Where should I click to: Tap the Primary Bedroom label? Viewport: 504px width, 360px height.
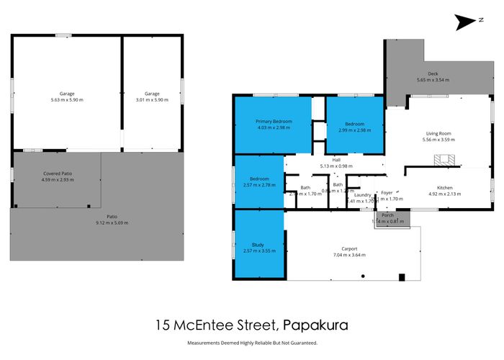coord(272,122)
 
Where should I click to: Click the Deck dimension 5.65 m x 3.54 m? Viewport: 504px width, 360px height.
coord(433,79)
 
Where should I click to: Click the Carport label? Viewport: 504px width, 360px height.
coord(350,248)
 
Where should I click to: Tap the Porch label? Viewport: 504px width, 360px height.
coord(387,215)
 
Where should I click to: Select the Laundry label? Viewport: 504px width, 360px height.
coord(362,194)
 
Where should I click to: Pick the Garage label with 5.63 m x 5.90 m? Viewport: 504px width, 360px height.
coord(67,94)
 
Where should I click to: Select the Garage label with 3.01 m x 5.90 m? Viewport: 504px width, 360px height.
coord(151,94)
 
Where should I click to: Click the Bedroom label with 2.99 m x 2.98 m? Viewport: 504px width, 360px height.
coord(354,123)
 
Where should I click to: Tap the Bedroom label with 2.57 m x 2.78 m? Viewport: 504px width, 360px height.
coord(259,179)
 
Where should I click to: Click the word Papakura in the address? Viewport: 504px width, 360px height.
coord(317,325)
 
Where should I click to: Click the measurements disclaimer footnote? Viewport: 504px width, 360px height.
coord(252,343)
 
